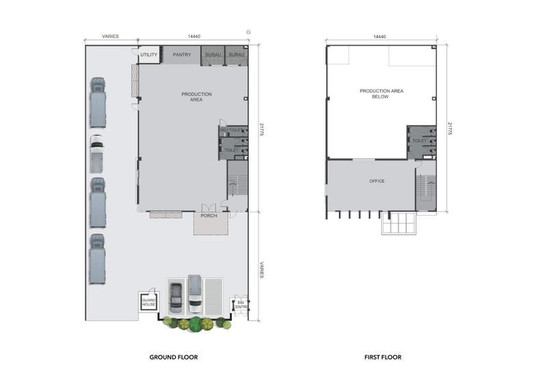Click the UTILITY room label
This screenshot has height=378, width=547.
click(x=149, y=55)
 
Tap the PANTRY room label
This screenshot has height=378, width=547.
click(x=182, y=55)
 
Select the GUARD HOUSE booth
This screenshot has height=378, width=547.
click(x=149, y=302)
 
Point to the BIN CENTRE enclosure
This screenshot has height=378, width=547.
click(x=241, y=305)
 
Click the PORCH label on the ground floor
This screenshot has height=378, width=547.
click(x=209, y=216)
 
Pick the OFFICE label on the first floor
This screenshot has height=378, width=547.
click(x=377, y=181)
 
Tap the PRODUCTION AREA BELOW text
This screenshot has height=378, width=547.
click(x=382, y=94)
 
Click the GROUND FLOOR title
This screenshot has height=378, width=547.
click(x=174, y=357)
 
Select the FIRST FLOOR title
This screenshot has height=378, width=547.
click(x=383, y=357)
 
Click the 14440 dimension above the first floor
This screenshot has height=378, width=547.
click(x=379, y=37)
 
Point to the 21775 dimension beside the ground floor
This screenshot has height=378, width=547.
click(x=262, y=129)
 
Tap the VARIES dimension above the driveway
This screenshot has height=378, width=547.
click(x=110, y=36)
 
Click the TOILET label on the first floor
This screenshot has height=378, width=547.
click(x=419, y=141)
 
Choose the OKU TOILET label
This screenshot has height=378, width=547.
click(x=230, y=130)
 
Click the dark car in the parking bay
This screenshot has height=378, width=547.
click(x=176, y=298)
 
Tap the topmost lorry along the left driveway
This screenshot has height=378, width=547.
click(x=98, y=102)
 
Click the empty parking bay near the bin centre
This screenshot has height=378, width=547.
click(x=213, y=297)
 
